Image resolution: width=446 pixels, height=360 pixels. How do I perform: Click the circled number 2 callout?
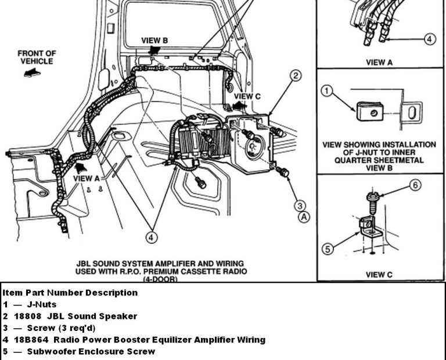(296, 75)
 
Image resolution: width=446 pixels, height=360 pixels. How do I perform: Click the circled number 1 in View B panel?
(326, 91)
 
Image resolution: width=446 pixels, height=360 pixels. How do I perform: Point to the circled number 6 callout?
(415, 185)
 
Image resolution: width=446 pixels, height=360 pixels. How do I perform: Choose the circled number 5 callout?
(328, 250)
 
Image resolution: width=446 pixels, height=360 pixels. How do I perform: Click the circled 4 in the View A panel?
(429, 39)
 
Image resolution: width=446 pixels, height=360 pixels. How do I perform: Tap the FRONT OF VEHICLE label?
(37, 57)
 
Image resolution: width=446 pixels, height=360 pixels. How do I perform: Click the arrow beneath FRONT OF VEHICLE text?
(30, 73)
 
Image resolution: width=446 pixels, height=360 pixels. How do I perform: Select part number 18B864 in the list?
(27, 340)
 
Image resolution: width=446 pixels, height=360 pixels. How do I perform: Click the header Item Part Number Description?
(70, 293)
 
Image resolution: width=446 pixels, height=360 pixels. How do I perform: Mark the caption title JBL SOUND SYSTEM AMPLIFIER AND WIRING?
(159, 263)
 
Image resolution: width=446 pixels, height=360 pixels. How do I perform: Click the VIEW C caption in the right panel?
(379, 274)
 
